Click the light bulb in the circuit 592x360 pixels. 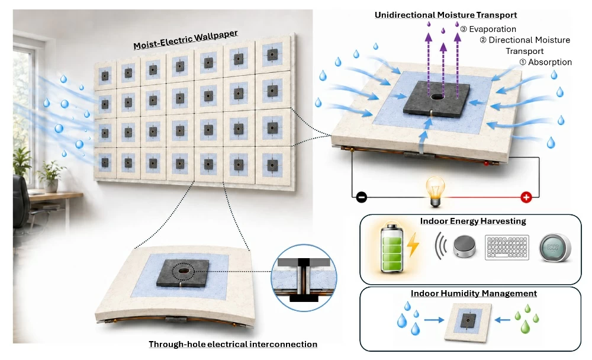click(435, 191)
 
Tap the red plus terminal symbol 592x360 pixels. click(526, 197)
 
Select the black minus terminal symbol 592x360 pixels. click(361, 197)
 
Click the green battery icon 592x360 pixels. click(392, 248)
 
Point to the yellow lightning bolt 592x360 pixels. click(413, 245)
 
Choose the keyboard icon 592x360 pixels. click(507, 248)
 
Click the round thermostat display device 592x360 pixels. click(555, 248)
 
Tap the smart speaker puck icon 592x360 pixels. click(464, 247)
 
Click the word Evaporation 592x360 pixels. click(493, 29)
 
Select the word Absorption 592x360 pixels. click(550, 62)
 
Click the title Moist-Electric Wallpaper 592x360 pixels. click(185, 40)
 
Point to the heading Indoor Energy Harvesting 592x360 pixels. click(472, 221)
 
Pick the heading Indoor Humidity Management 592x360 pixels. click(474, 294)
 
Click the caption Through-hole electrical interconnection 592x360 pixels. click(233, 344)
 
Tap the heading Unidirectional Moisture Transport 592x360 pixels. click(446, 15)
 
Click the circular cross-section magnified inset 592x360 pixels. click(304, 278)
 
